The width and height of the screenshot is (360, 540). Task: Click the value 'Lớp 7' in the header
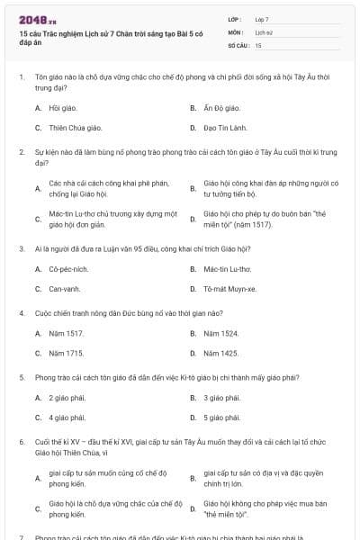click(262, 19)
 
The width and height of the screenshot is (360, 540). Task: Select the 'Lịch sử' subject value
click(263, 31)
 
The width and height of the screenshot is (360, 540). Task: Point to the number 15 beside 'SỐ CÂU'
click(258, 44)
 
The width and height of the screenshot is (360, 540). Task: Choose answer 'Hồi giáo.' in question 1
click(62, 108)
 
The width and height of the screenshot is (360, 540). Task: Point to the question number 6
click(22, 442)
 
